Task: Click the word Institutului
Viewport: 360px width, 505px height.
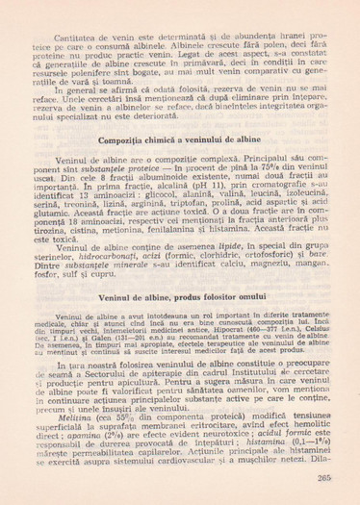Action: point(272,371)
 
